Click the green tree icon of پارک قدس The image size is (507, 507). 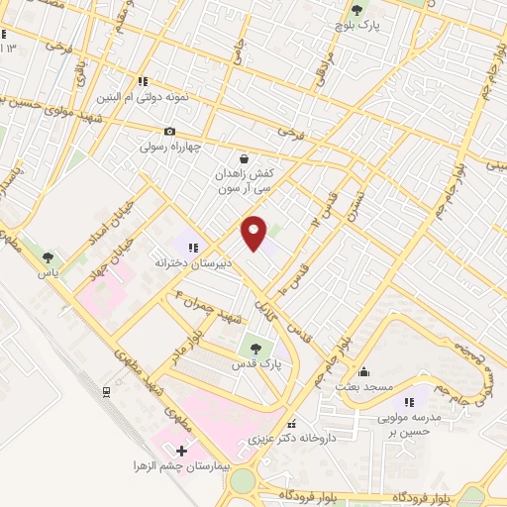(x=256, y=348)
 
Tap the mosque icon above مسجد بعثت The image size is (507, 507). (x=363, y=372)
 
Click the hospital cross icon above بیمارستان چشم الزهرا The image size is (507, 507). (x=180, y=451)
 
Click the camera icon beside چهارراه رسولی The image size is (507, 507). (x=170, y=131)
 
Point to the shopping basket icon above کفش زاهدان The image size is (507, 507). (x=244, y=157)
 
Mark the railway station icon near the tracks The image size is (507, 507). (x=106, y=391)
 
